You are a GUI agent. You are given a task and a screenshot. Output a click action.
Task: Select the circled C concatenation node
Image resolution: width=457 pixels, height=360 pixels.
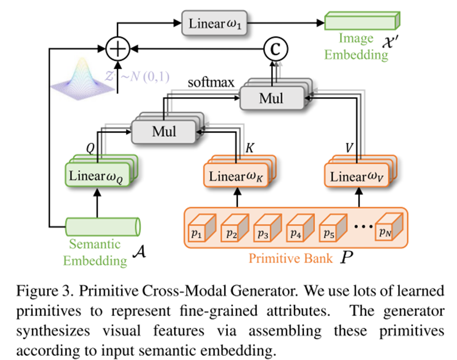(275, 50)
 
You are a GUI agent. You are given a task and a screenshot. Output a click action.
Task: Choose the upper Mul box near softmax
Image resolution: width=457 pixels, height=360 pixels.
(271, 98)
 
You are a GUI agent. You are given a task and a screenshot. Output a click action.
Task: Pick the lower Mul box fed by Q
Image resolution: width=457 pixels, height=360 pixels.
(164, 131)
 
